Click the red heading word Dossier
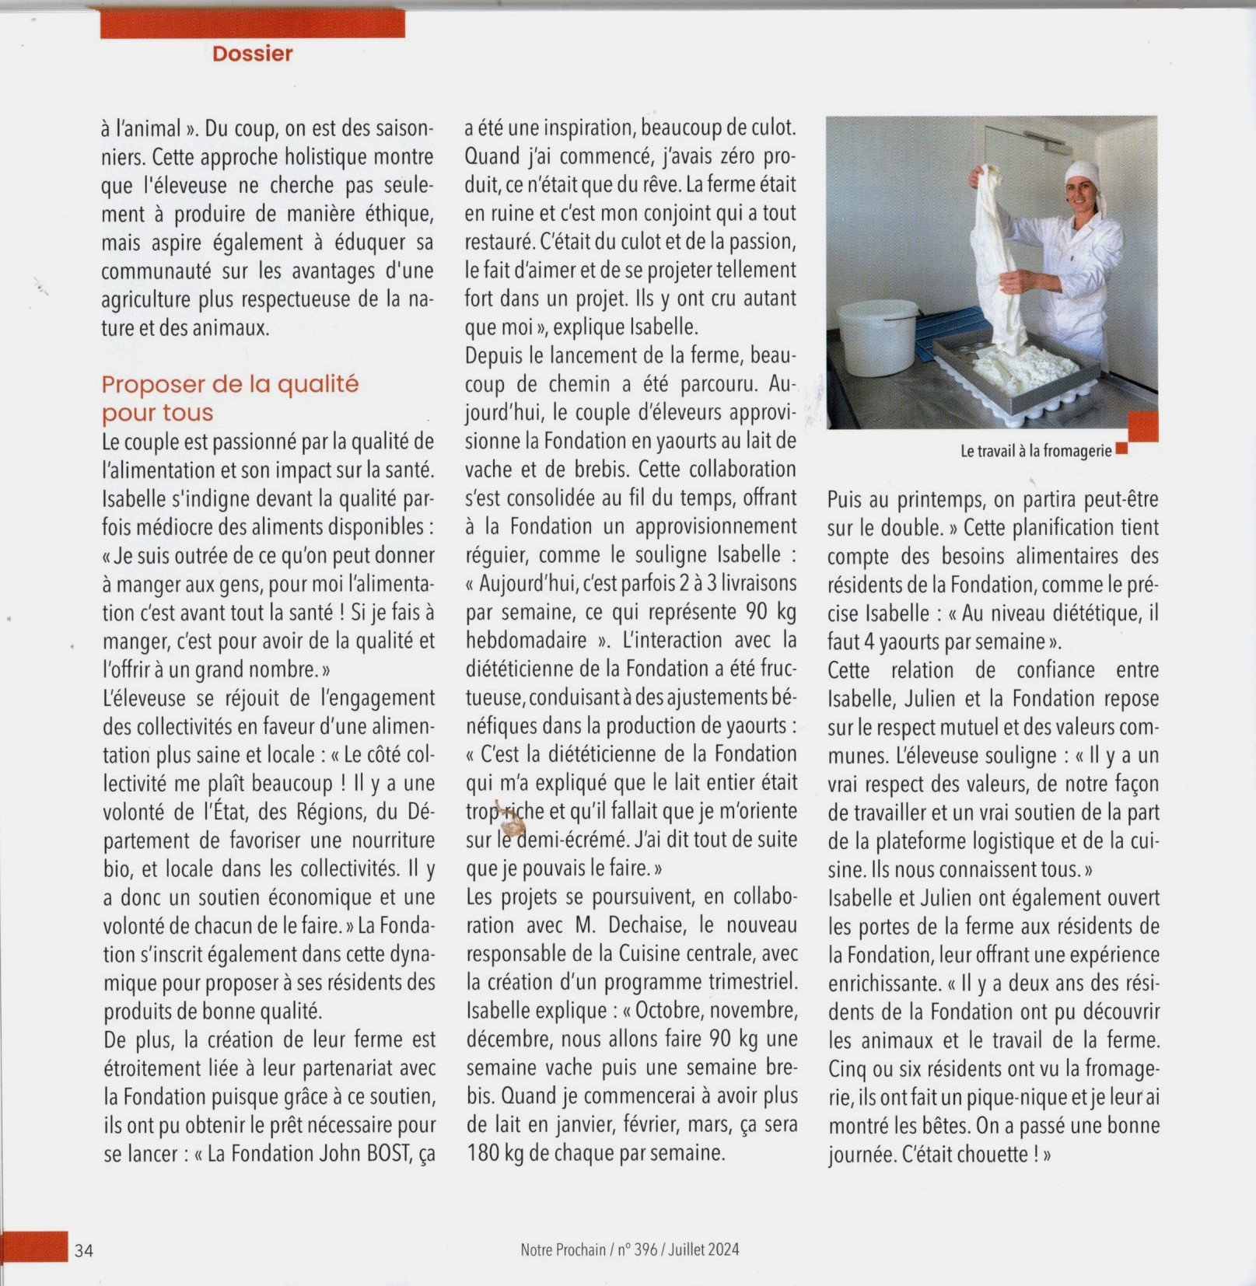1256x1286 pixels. (x=252, y=54)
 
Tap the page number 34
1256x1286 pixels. (x=84, y=1250)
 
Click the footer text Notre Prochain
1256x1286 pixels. (x=562, y=1249)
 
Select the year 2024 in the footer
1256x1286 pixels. (x=723, y=1249)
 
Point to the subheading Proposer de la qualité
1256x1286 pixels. (x=230, y=384)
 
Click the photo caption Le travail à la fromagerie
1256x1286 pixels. (x=1035, y=451)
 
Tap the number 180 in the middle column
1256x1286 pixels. (x=484, y=1153)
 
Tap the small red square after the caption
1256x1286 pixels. (x=1121, y=449)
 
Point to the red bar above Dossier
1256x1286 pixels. (x=252, y=24)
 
